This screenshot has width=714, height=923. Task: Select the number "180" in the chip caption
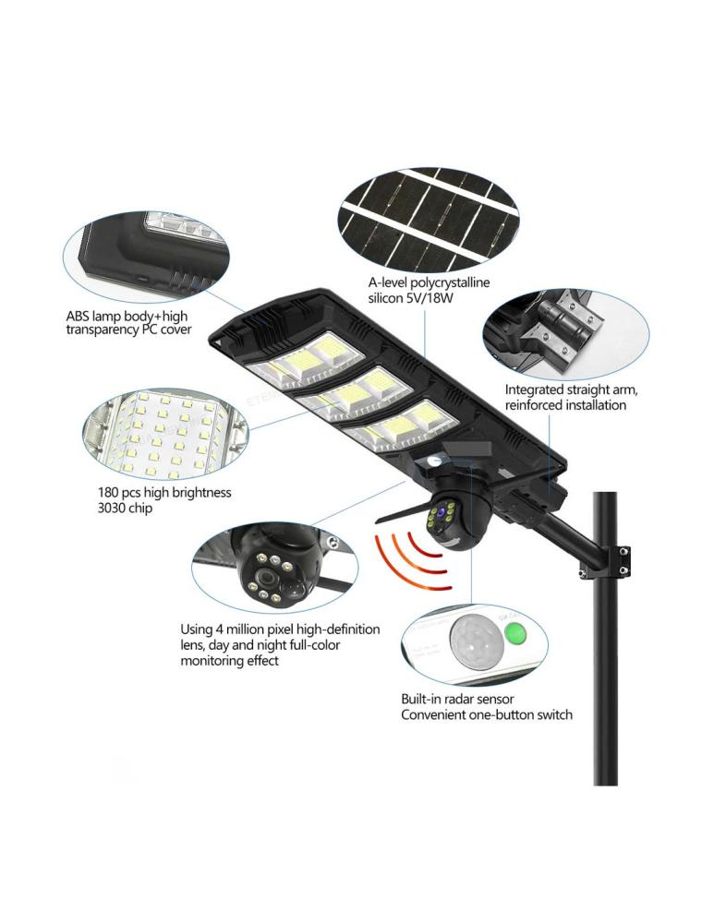pyautogui.click(x=108, y=492)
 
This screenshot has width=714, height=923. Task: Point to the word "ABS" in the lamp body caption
pyautogui.click(x=78, y=317)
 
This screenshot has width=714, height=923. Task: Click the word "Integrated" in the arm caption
pyautogui.click(x=533, y=390)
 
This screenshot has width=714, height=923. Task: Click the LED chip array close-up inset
pyautogui.click(x=165, y=434)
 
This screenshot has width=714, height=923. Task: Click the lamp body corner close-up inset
pyautogui.click(x=145, y=256)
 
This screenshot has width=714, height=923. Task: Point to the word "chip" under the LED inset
pyautogui.click(x=139, y=508)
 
